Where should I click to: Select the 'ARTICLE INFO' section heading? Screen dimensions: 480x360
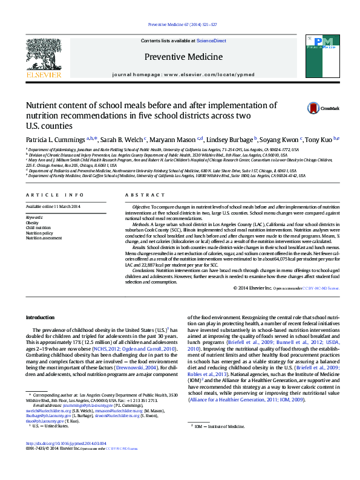point(54,195)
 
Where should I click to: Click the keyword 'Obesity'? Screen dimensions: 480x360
point(32,222)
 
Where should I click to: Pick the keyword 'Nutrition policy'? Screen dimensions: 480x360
point(39,233)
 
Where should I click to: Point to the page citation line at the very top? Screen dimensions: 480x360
point(180,25)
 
